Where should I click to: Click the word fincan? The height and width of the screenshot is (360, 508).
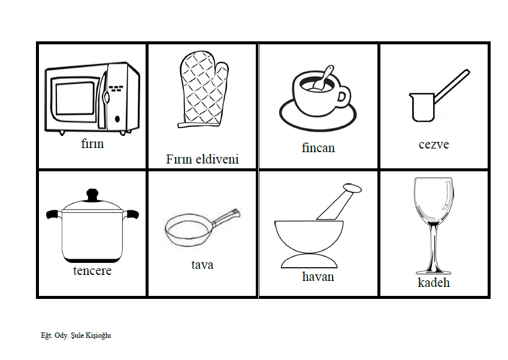coord(318,148)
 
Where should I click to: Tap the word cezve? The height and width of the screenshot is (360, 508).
coord(434,144)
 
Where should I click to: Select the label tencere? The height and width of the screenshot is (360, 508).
coord(92,271)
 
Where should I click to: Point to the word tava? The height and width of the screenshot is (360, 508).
coord(202,265)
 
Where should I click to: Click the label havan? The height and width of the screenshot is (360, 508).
coord(318,277)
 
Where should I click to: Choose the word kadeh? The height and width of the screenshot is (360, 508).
coord(434,283)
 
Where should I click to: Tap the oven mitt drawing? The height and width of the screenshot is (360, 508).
coord(203,89)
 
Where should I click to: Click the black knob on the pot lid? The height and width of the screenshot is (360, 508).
coord(92,195)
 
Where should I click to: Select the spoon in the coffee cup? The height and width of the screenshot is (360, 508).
coord(323,78)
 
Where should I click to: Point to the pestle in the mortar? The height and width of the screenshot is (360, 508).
coord(339,201)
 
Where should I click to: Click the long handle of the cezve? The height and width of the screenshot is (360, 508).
coord(452,86)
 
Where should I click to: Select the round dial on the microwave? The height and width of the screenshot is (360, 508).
coord(117,119)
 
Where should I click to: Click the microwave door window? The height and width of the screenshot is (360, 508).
coord(75,98)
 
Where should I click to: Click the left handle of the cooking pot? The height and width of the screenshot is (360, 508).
coord(54,214)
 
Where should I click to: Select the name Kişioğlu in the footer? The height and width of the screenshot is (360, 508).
coord(98,335)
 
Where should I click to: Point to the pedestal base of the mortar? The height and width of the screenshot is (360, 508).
coord(309,261)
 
